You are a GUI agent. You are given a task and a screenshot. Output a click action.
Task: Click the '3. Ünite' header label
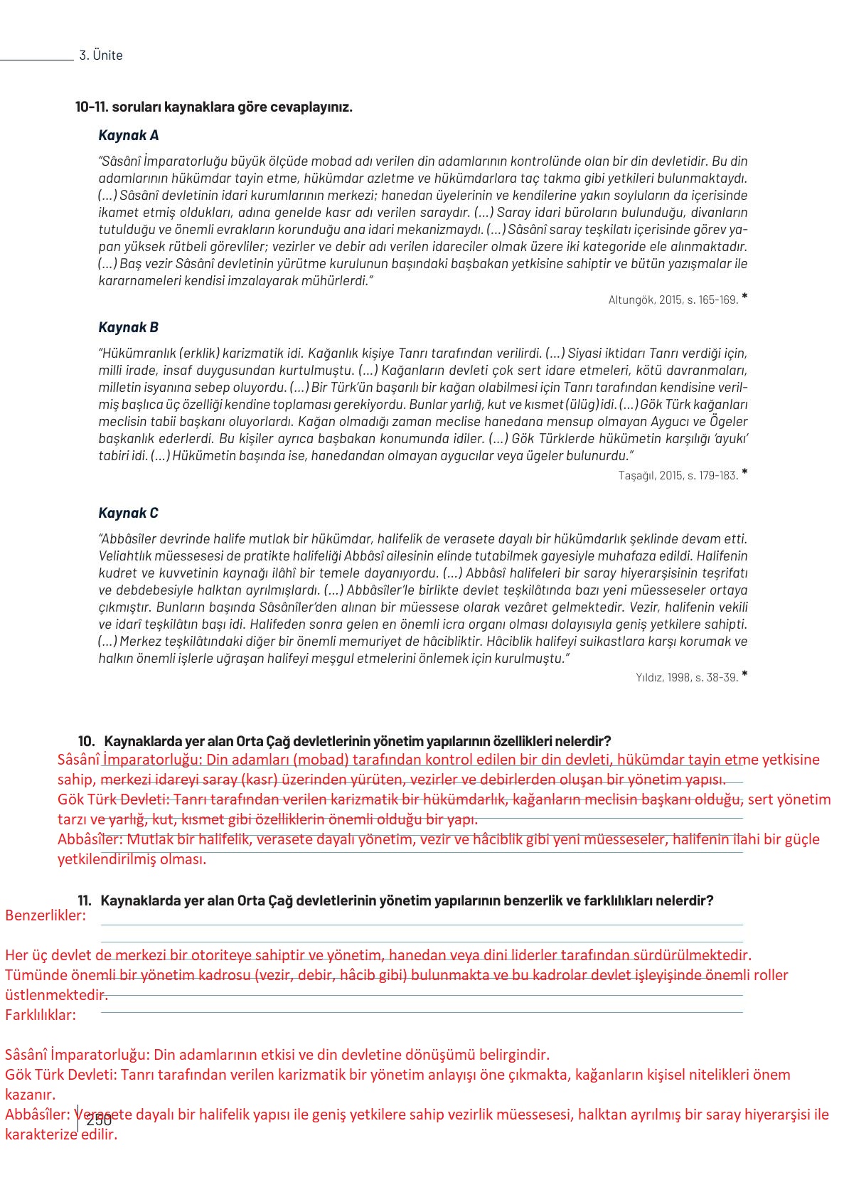click(x=100, y=55)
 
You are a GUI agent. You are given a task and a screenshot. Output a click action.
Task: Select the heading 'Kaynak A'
click(x=128, y=135)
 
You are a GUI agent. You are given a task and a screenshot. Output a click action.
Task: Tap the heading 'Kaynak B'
click(x=128, y=327)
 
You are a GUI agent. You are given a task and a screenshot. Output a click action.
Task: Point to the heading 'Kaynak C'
click(x=128, y=513)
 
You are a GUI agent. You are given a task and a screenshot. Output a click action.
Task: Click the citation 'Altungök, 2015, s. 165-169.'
click(x=673, y=299)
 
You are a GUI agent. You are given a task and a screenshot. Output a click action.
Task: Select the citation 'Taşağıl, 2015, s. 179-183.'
click(x=678, y=475)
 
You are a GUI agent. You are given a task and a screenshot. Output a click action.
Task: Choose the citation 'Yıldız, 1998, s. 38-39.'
click(x=687, y=677)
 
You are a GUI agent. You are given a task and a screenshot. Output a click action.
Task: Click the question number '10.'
click(x=86, y=740)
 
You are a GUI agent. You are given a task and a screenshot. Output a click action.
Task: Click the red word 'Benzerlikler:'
click(x=46, y=915)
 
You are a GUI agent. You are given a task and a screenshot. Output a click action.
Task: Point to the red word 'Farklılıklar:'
click(x=41, y=1015)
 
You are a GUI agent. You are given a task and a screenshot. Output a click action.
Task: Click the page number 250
click(x=99, y=1120)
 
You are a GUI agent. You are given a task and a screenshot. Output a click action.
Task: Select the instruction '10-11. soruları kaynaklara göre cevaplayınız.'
click(x=214, y=107)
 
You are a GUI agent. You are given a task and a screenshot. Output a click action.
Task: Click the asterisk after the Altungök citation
click(x=744, y=296)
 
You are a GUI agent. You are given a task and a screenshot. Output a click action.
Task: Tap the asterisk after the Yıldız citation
click(x=744, y=674)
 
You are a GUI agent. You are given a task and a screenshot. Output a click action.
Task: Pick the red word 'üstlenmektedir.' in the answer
click(x=56, y=995)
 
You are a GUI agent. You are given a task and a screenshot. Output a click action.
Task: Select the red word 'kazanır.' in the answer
click(x=31, y=1095)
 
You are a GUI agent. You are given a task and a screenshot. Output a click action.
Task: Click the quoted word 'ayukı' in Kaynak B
click(x=732, y=439)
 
